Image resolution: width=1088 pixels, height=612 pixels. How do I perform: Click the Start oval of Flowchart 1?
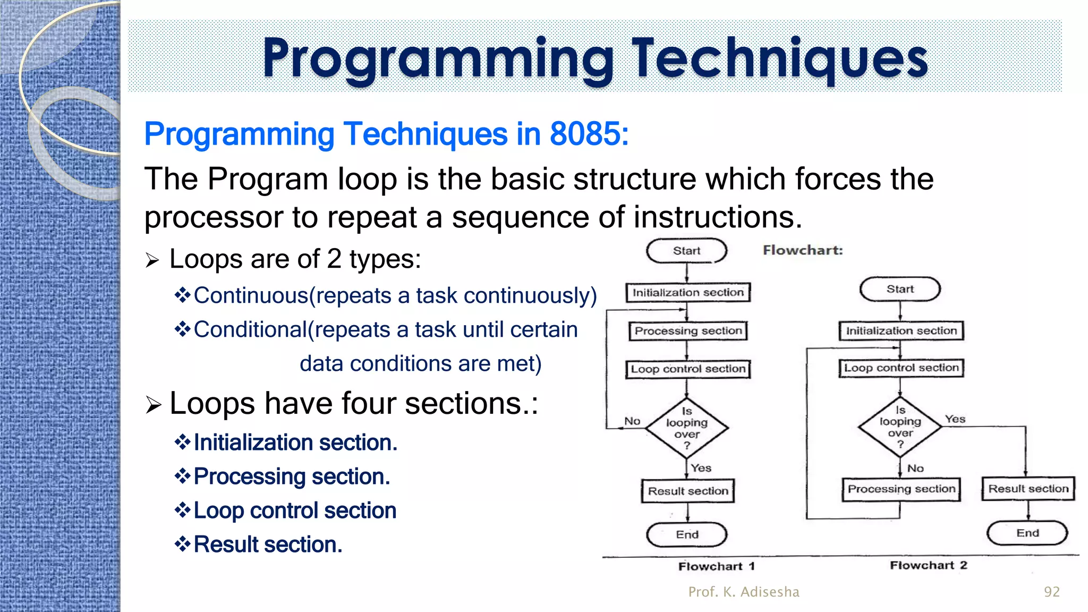(x=686, y=251)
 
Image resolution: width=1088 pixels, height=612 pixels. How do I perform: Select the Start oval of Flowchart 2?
(x=900, y=290)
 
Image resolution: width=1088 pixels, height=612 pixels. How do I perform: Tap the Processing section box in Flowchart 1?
(x=688, y=331)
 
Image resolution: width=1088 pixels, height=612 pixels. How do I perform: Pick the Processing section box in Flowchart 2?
(x=901, y=489)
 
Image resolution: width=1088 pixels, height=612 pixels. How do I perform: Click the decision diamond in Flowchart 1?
(x=687, y=428)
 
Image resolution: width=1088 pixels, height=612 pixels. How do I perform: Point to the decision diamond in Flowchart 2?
(x=900, y=427)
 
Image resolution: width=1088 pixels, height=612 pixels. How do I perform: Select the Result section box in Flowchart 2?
(x=1028, y=489)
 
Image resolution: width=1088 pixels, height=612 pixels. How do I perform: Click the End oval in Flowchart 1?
(x=687, y=534)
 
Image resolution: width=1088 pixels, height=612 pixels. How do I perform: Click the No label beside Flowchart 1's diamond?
(x=632, y=421)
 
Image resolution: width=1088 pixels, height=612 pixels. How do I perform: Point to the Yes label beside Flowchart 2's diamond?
(x=955, y=419)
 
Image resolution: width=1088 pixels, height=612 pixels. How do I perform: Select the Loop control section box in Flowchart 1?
(x=688, y=369)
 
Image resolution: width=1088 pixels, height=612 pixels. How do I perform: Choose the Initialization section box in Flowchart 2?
(x=901, y=331)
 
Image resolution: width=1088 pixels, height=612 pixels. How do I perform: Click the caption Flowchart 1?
(x=716, y=566)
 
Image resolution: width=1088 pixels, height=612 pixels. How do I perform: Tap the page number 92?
(x=1051, y=592)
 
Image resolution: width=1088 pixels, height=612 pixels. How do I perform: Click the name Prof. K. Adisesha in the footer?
(x=744, y=592)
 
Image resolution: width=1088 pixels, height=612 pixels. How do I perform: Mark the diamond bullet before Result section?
(x=182, y=544)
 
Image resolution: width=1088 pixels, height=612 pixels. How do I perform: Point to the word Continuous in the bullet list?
(x=251, y=295)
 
